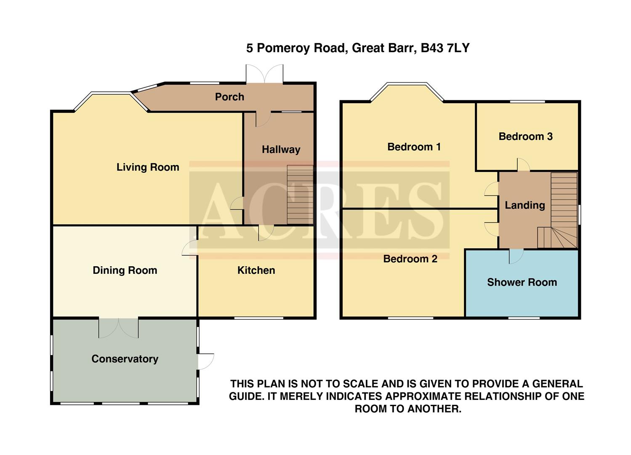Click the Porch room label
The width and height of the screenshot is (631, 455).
click(x=229, y=97)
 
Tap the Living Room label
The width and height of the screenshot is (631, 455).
click(x=148, y=167)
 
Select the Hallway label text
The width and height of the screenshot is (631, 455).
click(x=281, y=150)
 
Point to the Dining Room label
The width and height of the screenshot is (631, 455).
click(x=125, y=270)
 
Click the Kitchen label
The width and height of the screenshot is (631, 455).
click(x=256, y=270)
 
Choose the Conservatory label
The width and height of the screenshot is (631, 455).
click(x=125, y=359)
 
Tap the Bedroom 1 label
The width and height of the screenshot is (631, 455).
click(x=414, y=147)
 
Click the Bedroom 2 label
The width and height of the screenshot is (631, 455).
click(x=410, y=259)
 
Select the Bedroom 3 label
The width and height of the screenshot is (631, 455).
click(x=525, y=136)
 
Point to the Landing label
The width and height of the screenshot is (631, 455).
click(x=525, y=205)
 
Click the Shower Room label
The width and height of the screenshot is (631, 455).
click(x=522, y=282)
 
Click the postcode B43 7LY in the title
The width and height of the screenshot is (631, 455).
click(x=445, y=48)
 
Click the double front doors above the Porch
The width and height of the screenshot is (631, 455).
click(x=265, y=74)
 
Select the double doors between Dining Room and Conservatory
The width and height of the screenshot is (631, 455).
click(x=118, y=328)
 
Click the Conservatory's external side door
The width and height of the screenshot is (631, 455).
click(x=206, y=361)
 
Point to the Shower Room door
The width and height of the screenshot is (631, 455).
click(x=516, y=256)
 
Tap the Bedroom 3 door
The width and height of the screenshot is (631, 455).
click(x=523, y=165)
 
